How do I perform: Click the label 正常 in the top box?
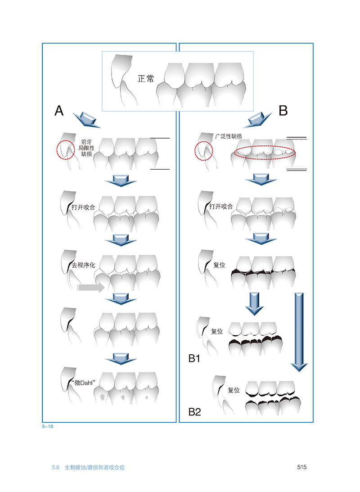146,79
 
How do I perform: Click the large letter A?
59,111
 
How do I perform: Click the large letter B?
283,110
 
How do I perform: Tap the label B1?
194,358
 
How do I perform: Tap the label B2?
194,412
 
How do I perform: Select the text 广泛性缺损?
228,136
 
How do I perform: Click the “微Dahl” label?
83,383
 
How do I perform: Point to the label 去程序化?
83,265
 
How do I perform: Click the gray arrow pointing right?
90,287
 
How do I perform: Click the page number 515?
301,467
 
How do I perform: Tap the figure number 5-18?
48,426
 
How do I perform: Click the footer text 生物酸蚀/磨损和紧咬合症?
94,468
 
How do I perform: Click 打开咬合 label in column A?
83,208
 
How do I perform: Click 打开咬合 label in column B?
221,207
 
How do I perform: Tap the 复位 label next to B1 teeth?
217,331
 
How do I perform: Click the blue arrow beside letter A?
86,120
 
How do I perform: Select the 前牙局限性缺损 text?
86,148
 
